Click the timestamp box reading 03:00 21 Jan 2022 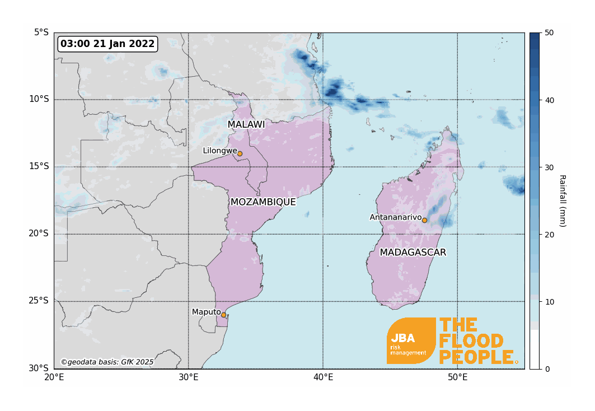[107, 44]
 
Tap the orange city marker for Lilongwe [240, 153]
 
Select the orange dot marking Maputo [223, 315]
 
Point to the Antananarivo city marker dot [424, 220]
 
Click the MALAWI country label [246, 124]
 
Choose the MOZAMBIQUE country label [263, 202]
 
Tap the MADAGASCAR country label [413, 253]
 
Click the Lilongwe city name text [219, 151]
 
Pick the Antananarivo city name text [395, 217]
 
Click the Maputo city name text [206, 312]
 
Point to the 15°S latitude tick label [39, 166]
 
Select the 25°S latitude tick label [39, 301]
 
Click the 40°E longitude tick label [323, 377]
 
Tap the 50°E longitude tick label [457, 377]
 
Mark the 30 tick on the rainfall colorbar [549, 167]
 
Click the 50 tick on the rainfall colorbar [549, 32]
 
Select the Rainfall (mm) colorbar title [562, 200]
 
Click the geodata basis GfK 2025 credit [107, 362]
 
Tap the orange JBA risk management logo [411, 340]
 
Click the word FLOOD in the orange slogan [471, 341]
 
